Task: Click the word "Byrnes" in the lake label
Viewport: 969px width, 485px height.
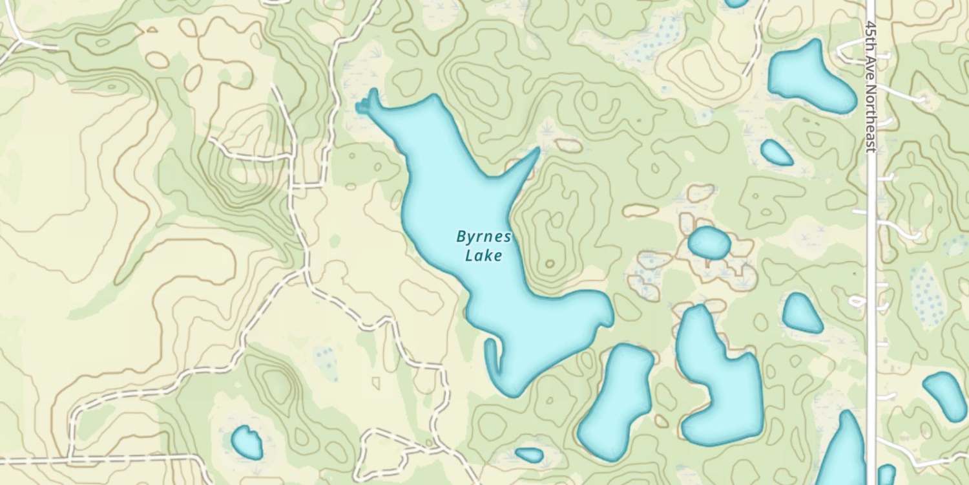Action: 483,237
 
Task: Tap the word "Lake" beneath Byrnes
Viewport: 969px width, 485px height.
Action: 483,256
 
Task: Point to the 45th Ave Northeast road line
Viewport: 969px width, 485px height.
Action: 871,259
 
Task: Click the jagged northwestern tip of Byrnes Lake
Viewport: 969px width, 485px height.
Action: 367,103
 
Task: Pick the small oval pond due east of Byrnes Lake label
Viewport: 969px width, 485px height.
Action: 709,242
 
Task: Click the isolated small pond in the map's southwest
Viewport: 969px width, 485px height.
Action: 246,442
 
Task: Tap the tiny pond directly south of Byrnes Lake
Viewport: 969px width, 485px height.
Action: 529,455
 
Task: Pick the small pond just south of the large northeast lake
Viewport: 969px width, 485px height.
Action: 776,153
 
